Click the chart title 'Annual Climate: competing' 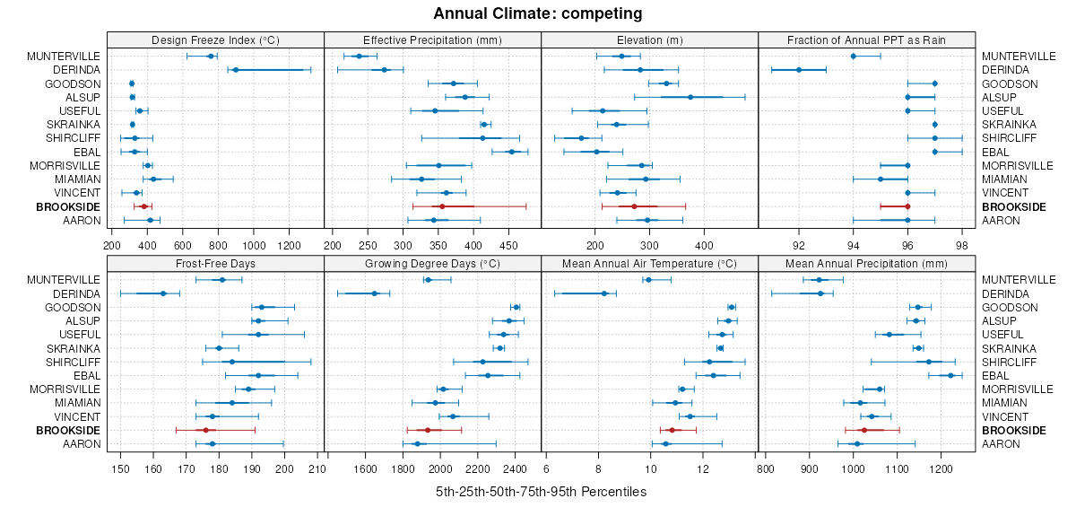pos(537,13)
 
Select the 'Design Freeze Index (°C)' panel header pos(215,39)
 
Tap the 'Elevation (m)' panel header pos(650,39)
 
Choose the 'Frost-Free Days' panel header pos(215,264)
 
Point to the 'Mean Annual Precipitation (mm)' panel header pos(866,264)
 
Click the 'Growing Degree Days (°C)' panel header pos(432,264)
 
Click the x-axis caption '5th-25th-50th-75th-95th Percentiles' pos(541,492)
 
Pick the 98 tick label pos(962,243)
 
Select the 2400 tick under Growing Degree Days pos(516,468)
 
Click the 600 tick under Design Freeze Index pos(182,243)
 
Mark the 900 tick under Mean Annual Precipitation pos(810,468)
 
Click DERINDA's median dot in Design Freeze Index pos(236,70)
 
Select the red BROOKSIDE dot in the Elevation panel pos(634,206)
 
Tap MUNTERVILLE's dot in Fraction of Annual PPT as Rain pos(853,57)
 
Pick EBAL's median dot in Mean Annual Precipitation pos(950,375)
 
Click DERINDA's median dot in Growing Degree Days pos(374,293)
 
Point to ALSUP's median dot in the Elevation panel pos(690,97)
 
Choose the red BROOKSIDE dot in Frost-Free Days pos(205,431)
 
